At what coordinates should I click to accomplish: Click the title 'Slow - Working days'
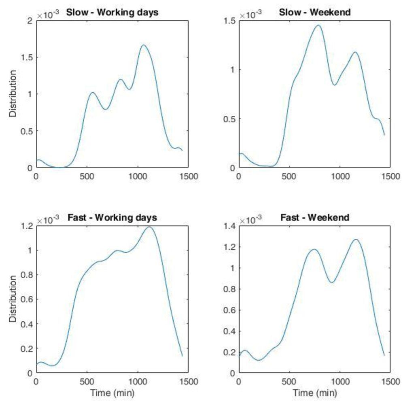[x=112, y=13]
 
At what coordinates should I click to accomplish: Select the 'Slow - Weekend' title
[x=315, y=12]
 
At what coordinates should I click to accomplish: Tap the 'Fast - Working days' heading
[x=112, y=218]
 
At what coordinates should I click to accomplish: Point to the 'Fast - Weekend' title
[x=315, y=218]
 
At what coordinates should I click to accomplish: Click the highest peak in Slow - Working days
[x=143, y=45]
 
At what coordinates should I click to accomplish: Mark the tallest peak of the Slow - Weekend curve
[x=318, y=25]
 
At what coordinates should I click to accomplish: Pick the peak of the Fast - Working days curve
[x=149, y=227]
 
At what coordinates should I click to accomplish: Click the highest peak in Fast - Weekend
[x=356, y=240]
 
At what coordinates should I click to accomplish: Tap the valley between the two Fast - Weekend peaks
[x=332, y=282]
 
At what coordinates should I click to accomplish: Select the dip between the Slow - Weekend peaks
[x=335, y=85]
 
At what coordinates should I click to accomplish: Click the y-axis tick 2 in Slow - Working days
[x=30, y=21]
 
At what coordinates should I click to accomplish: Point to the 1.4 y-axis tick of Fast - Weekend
[x=229, y=226]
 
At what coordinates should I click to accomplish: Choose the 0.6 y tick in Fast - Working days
[x=27, y=299]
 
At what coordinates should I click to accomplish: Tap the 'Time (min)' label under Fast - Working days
[x=112, y=393]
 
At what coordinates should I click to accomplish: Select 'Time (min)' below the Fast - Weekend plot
[x=315, y=393]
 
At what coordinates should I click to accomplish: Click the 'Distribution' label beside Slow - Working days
[x=13, y=93]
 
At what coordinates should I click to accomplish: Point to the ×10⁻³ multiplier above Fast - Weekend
[x=250, y=220]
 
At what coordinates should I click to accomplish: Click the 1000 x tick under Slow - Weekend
[x=340, y=176]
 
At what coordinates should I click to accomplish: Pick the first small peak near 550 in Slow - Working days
[x=93, y=92]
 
